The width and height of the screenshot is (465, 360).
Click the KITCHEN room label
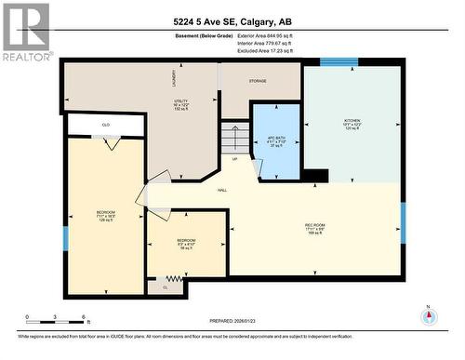pos(352,121)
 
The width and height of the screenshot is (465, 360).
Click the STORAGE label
pos(258,81)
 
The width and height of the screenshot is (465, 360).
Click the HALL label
pos(222,190)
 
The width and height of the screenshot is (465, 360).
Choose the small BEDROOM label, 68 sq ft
pos(186,244)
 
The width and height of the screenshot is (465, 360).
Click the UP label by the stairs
pos(234,159)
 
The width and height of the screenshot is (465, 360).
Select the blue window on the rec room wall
pos(403,222)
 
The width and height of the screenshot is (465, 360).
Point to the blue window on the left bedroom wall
pos(65,238)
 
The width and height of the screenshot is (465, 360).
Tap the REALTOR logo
pos(25,31)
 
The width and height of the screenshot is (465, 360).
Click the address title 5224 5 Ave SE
pos(232,23)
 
